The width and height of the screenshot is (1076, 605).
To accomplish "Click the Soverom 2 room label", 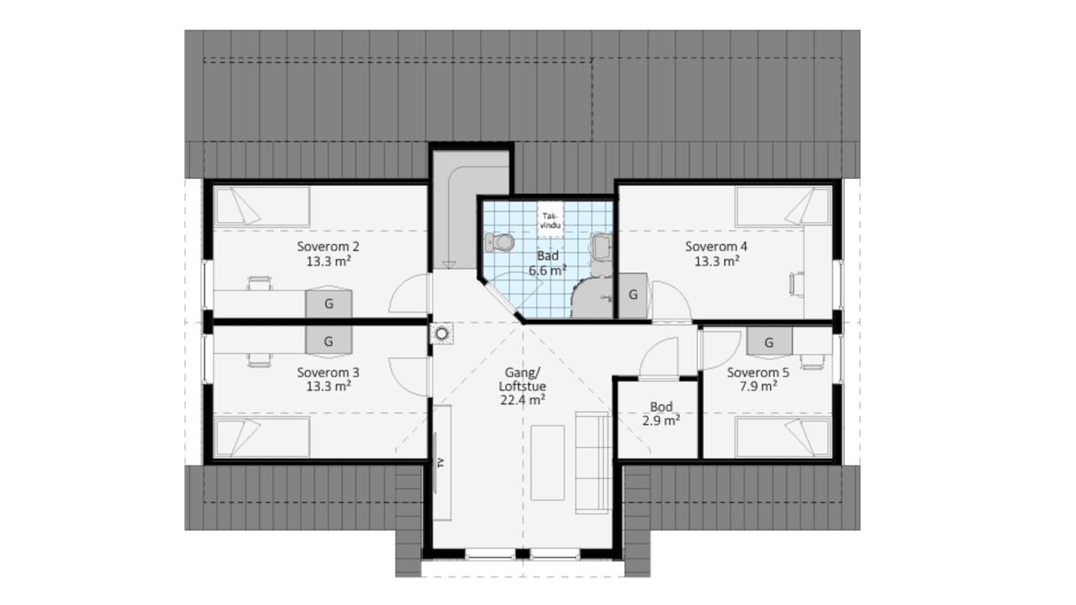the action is tap(328, 254).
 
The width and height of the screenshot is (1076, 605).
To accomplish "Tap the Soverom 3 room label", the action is tap(328, 379).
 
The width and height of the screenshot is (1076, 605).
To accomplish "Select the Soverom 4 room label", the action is tap(716, 254).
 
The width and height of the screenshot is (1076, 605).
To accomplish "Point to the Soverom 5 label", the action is tap(758, 379).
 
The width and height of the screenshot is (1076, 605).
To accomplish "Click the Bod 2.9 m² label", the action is tap(661, 414).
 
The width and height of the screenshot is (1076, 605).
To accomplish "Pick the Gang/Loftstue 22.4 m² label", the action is tap(522, 386).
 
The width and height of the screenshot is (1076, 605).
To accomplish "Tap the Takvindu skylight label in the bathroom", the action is tap(551, 220).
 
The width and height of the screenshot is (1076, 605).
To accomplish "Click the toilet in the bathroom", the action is tap(499, 242).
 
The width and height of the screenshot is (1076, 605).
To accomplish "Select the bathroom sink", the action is tap(602, 247).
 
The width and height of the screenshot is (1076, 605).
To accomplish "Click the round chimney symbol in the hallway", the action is tap(442, 333).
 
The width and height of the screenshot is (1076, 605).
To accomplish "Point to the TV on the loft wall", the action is tap(436, 462).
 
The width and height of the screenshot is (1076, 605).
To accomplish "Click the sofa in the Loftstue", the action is tap(593, 462).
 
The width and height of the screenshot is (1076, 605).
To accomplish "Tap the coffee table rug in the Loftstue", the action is tap(547, 462).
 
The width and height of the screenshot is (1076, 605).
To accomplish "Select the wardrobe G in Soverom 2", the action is tap(329, 302).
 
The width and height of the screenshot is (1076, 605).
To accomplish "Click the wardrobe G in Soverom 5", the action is tap(769, 342).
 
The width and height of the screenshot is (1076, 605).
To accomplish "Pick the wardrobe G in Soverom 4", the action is tap(633, 295).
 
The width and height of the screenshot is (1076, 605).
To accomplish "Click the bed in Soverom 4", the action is tap(784, 206).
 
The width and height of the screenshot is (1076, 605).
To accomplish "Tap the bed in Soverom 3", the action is tap(262, 437).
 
